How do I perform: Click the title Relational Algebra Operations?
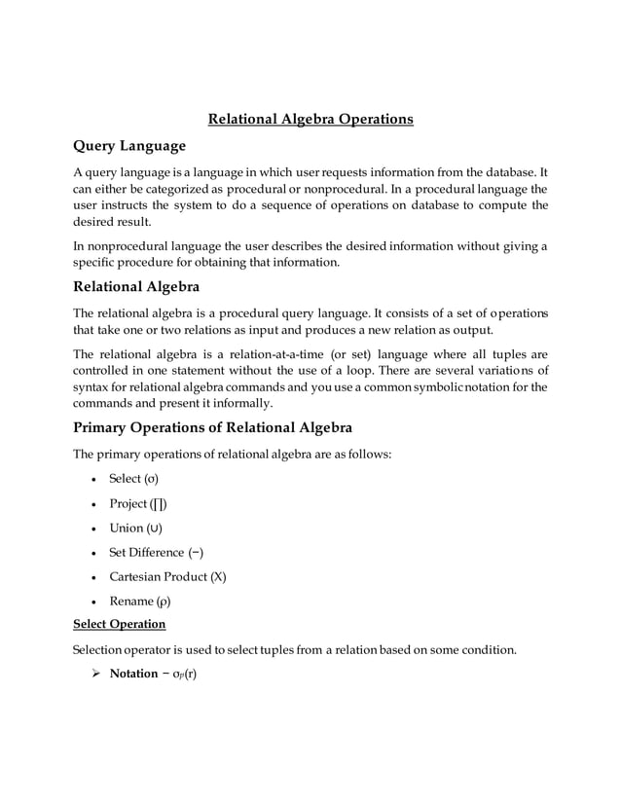point(310,119)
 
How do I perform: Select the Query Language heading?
point(129,146)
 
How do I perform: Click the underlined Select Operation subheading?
point(120,623)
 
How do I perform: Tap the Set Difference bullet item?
point(156,552)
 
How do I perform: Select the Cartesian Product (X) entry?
point(167,576)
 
